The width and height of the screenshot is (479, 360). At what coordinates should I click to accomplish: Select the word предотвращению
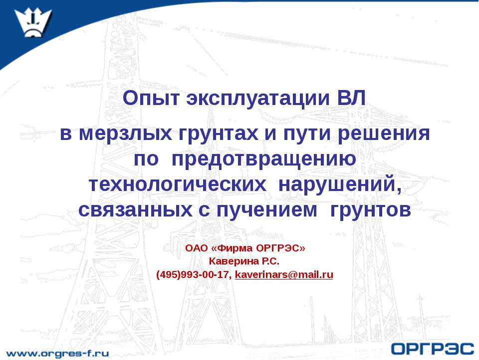coord(264,159)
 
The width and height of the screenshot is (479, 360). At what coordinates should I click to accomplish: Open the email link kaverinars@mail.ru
coord(284,274)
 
